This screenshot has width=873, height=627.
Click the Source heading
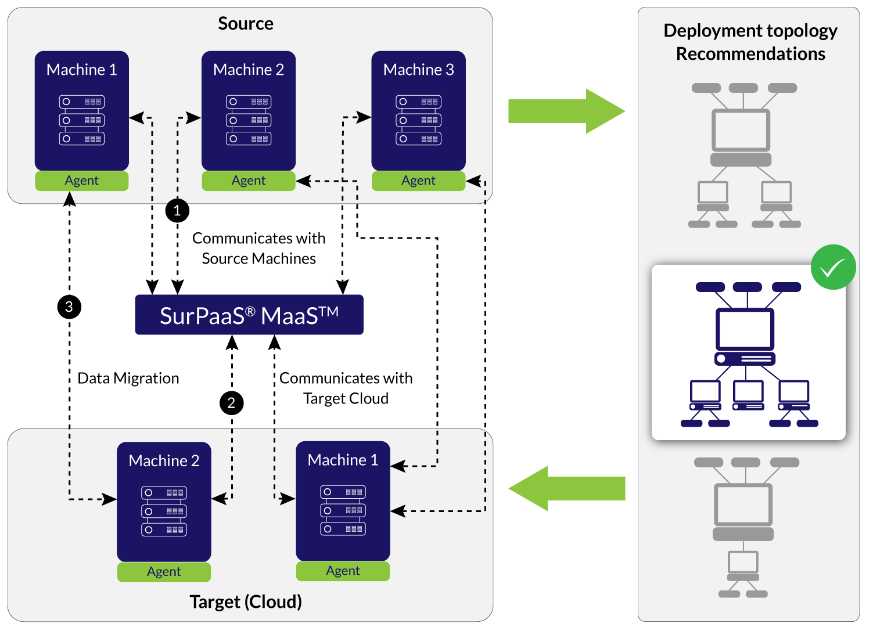(x=245, y=24)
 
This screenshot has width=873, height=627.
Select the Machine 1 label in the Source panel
(x=81, y=70)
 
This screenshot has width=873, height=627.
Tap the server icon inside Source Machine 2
(x=249, y=120)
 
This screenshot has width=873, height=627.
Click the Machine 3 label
(x=418, y=70)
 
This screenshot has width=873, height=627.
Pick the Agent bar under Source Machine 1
(x=81, y=181)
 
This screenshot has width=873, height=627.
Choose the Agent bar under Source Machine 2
(x=249, y=181)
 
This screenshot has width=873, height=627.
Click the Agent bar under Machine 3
(x=418, y=181)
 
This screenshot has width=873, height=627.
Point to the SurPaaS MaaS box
(x=249, y=315)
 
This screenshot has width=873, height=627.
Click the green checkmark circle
(x=833, y=267)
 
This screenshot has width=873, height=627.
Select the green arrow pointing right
(x=566, y=111)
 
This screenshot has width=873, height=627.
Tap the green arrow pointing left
(x=567, y=488)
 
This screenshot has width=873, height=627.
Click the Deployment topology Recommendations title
(x=750, y=42)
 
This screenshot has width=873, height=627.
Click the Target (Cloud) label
(x=246, y=601)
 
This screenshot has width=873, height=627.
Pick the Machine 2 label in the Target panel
(x=164, y=461)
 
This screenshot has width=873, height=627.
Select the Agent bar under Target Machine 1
(x=343, y=571)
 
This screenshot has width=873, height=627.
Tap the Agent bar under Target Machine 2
(x=164, y=572)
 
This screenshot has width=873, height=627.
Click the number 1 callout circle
(x=177, y=210)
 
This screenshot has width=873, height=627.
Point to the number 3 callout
(x=69, y=307)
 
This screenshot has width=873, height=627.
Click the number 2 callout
(x=231, y=403)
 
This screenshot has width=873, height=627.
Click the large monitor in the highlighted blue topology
(x=745, y=329)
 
